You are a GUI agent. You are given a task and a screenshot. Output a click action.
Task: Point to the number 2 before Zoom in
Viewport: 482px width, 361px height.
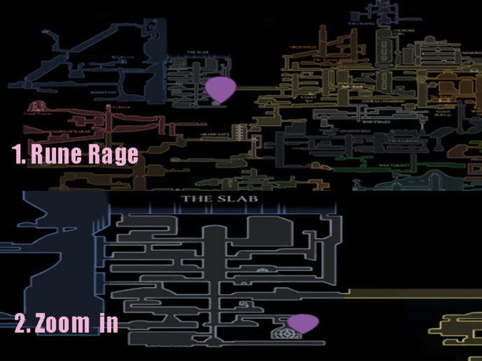(21, 323)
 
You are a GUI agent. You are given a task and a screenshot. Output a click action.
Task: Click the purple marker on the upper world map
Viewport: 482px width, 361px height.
(221, 89)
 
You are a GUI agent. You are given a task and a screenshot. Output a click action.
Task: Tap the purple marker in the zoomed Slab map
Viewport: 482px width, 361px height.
(302, 323)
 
